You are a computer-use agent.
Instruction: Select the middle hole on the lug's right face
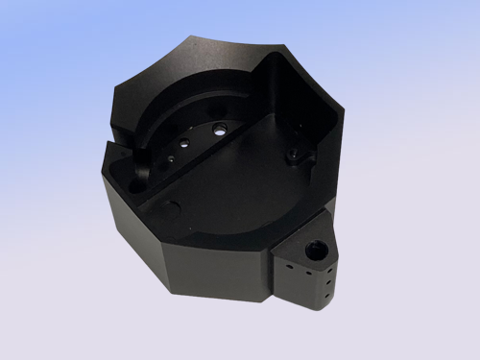[x=330, y=284]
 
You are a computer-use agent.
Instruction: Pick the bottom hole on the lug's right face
[x=329, y=296]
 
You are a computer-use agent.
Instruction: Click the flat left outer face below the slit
[x=125, y=221]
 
